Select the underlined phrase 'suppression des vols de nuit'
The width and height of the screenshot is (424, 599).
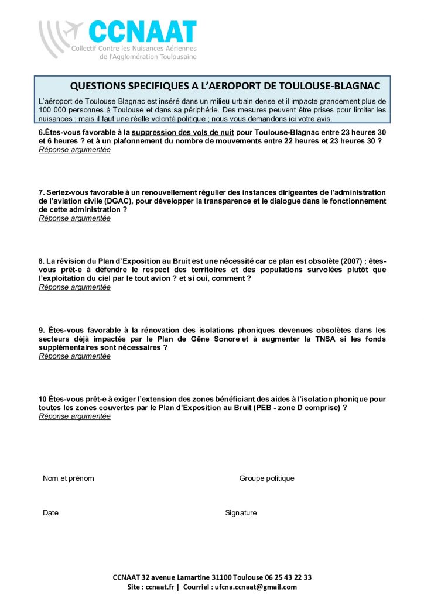pyautogui.click(x=183, y=133)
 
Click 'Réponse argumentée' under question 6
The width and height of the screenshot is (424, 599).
pyautogui.click(x=74, y=150)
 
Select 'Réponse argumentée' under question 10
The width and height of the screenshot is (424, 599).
pyautogui.click(x=74, y=416)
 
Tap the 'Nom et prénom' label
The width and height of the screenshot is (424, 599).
pyautogui.click(x=68, y=478)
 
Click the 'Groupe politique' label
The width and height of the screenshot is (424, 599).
pyautogui.click(x=266, y=478)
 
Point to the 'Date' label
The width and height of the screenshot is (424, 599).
pyautogui.click(x=50, y=513)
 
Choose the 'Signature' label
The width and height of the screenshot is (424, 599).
pyautogui.click(x=241, y=513)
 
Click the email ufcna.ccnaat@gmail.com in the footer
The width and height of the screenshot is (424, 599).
pyautogui.click(x=255, y=587)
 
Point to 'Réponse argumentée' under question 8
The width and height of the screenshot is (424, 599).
pyautogui.click(x=74, y=287)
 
